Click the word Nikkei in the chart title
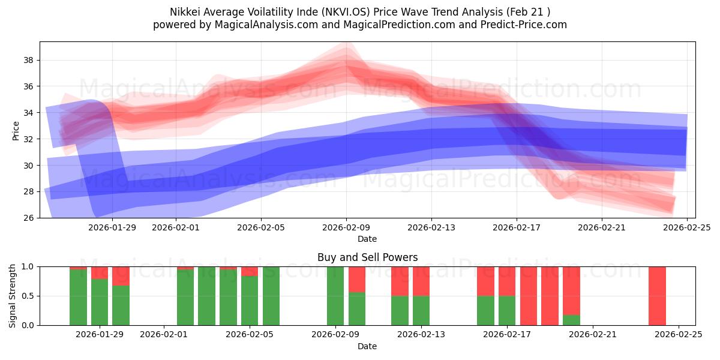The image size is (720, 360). (x=185, y=11)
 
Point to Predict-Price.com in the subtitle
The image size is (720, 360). (x=520, y=25)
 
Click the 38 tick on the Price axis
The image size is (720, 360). (x=28, y=60)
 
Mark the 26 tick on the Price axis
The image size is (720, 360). (x=28, y=218)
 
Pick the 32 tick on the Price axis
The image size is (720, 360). (x=28, y=139)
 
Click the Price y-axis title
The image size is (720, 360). (x=16, y=130)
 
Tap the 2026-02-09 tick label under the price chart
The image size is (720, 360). (x=346, y=227)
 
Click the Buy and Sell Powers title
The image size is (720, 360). (x=367, y=257)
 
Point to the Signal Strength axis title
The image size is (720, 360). (x=13, y=296)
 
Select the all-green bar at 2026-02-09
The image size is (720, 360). (x=335, y=296)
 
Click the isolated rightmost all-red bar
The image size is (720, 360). (x=657, y=296)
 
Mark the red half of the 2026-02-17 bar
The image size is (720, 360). (x=507, y=281)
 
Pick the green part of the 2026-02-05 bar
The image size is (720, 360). (x=250, y=301)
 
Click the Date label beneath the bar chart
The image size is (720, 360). (x=367, y=346)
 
